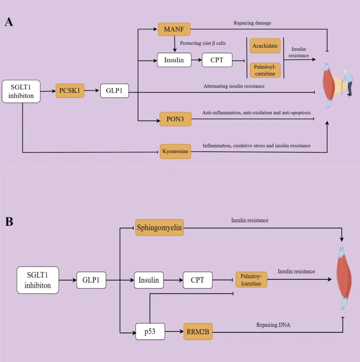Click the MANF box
pyautogui.click(x=174, y=30)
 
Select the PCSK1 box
pyautogui.click(x=70, y=90)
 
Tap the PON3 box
pyautogui.click(x=175, y=119)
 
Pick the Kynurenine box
pyautogui.click(x=175, y=151)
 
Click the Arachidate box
pyautogui.click(x=265, y=46)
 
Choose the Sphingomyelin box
pyautogui.click(x=159, y=228)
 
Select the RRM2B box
pyautogui.click(x=198, y=331)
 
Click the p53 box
pyautogui.click(x=150, y=331)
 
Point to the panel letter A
pyautogui.click(x=9, y=22)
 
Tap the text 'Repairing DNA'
pyautogui.click(x=273, y=325)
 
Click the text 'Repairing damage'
pyautogui.click(x=252, y=23)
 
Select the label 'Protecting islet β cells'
pyautogui.click(x=203, y=43)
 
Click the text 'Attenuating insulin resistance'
pyautogui.click(x=234, y=86)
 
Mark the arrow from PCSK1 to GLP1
pyautogui.click(x=92, y=90)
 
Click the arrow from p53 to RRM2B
pyautogui.click(x=174, y=331)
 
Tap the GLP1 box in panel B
pyautogui.click(x=91, y=280)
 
